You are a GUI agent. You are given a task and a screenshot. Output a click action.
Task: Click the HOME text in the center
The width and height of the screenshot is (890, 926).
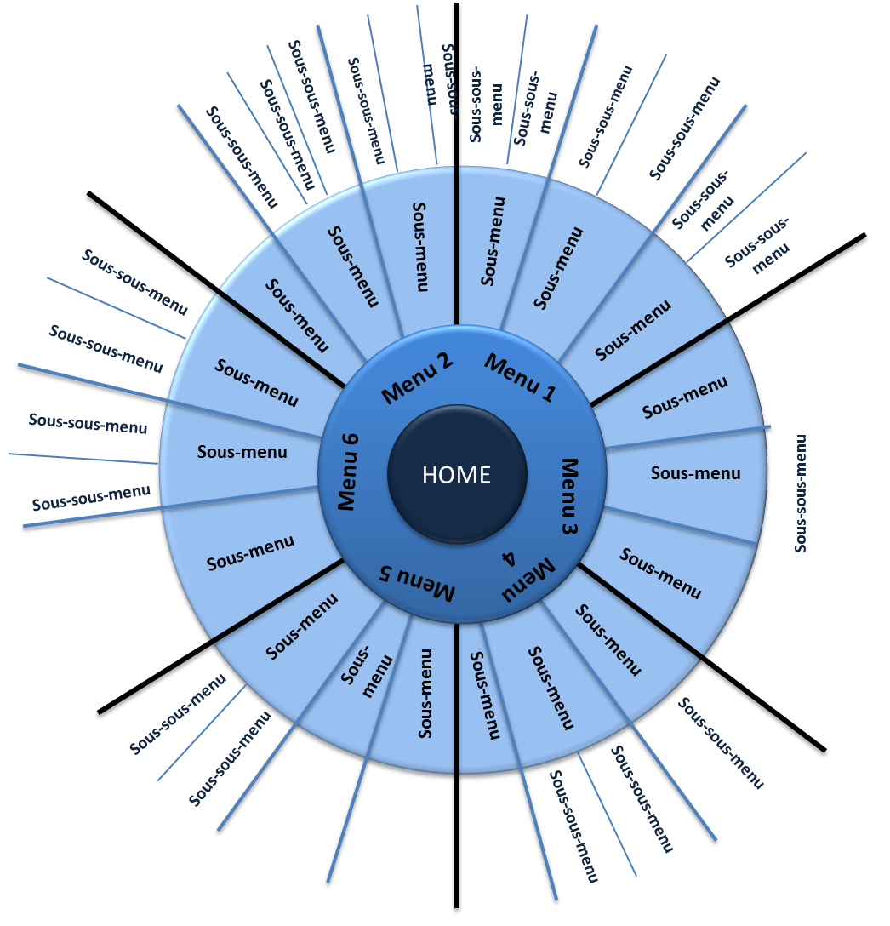(x=457, y=475)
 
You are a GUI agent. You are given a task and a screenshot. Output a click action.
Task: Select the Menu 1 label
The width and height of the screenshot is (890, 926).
(x=521, y=378)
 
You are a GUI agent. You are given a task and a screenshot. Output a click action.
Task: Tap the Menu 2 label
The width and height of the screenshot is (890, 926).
(x=417, y=379)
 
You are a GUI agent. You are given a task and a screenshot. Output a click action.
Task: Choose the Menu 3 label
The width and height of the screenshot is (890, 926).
(x=569, y=497)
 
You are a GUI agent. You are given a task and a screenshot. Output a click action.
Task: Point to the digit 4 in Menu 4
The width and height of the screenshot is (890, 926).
(x=509, y=558)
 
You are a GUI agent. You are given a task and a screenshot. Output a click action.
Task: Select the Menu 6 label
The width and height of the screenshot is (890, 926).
(x=347, y=472)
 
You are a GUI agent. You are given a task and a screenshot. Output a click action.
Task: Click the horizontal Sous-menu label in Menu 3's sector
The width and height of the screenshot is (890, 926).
(x=696, y=473)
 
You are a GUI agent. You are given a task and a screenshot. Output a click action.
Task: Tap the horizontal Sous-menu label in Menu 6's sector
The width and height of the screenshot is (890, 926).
(x=242, y=453)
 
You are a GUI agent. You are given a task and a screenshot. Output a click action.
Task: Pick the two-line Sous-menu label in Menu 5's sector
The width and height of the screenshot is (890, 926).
(x=367, y=672)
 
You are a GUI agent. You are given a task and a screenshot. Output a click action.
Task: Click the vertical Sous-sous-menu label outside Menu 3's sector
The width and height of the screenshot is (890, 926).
(x=800, y=494)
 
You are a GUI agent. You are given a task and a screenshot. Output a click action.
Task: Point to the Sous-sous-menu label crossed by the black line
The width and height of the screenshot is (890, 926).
(x=449, y=79)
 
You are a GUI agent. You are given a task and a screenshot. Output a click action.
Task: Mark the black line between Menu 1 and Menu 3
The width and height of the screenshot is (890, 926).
(x=728, y=320)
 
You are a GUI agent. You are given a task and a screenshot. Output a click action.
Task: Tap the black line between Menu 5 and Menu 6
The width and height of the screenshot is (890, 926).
(x=221, y=637)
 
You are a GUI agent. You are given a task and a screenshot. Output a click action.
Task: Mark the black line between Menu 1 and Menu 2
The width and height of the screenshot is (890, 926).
(x=457, y=163)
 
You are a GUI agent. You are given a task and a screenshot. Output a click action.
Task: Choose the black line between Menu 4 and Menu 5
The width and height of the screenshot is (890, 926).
(x=457, y=766)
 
